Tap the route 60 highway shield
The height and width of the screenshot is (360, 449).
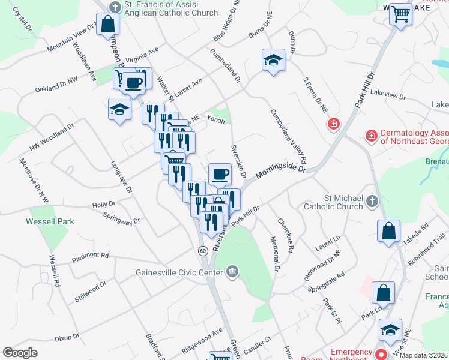click(204, 250)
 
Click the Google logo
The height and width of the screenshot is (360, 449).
click(20, 353)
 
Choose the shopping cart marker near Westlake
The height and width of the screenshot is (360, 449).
click(400, 14)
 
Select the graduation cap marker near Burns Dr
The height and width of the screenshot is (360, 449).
click(273, 60)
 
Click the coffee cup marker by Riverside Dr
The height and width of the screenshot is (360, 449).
click(219, 173)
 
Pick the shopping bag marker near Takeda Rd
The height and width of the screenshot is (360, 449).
click(388, 230)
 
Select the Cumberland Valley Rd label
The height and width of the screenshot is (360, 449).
click(288, 137)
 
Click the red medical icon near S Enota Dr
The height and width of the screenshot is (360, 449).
click(333, 124)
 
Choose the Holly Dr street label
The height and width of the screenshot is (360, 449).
click(104, 205)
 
